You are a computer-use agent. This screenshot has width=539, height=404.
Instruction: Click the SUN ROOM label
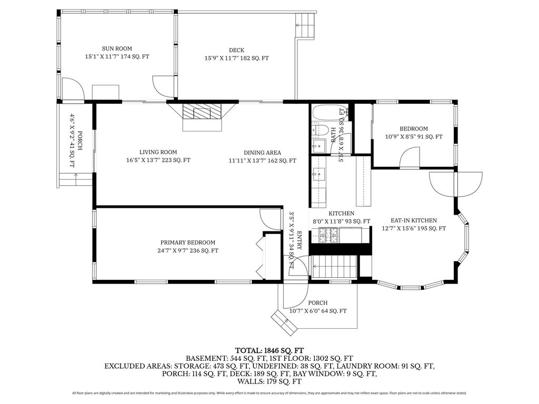point(117,49)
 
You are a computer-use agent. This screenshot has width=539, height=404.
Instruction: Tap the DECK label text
point(236,50)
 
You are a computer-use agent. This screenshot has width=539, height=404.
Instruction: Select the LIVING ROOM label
point(158,152)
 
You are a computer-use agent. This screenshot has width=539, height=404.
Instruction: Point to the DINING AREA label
point(262,153)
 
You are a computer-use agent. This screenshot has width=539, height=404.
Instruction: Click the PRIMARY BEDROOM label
point(188,243)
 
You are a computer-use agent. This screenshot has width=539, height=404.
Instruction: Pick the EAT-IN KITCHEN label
point(414,220)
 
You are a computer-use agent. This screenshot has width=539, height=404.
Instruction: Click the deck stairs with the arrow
point(305,25)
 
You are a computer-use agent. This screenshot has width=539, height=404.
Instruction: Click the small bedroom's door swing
point(410,158)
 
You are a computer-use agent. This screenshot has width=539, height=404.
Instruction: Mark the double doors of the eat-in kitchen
point(456,184)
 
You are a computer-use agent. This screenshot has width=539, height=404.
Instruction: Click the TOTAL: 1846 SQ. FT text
point(269,351)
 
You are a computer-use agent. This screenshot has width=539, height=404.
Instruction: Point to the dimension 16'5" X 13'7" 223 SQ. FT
point(158,160)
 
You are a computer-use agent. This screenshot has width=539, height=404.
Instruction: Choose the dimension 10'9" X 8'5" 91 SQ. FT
point(414,137)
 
